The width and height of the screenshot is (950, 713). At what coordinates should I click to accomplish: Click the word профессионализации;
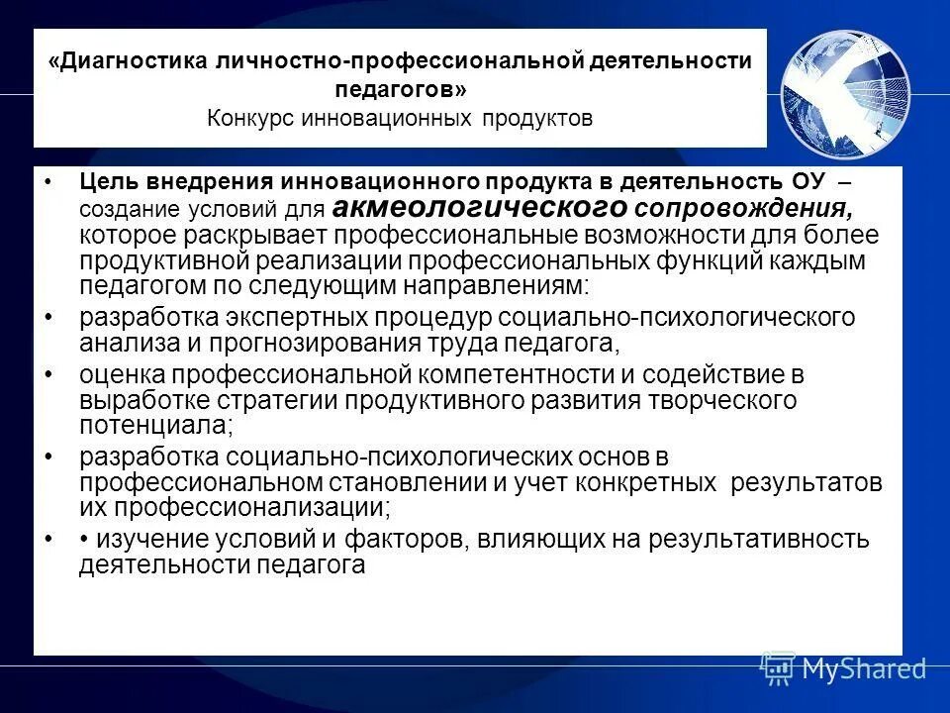[x=251, y=508]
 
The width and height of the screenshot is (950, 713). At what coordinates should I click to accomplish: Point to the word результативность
[x=758, y=540]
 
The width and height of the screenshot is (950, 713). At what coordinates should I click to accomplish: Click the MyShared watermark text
[x=863, y=669]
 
